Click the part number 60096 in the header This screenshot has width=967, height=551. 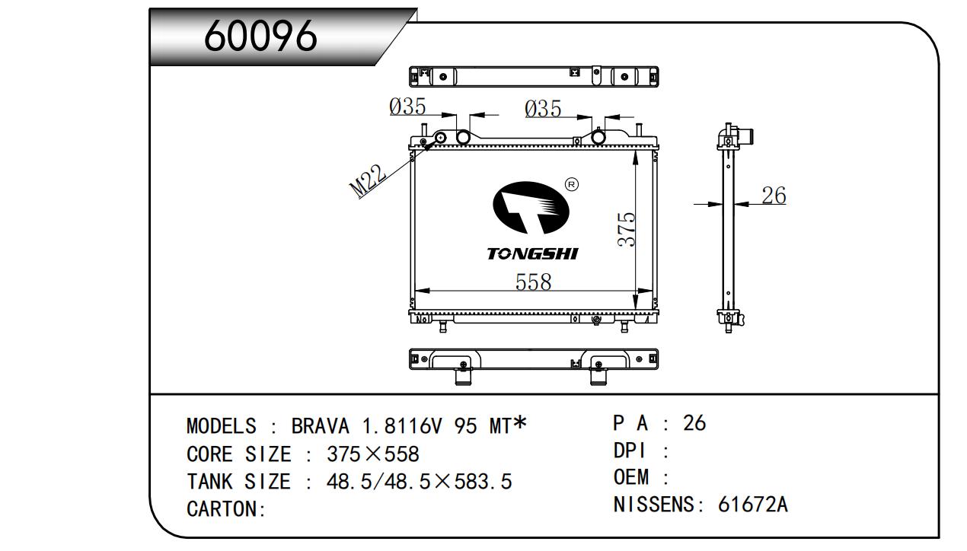click(260, 35)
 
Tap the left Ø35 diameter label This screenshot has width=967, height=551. click(407, 107)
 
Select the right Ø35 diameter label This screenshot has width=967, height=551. click(543, 110)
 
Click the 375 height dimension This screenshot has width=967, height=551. click(626, 228)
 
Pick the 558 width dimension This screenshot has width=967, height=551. click(533, 282)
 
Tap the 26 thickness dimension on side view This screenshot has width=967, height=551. click(774, 196)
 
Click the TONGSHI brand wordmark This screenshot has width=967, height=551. click(532, 253)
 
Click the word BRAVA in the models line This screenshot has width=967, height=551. click(321, 425)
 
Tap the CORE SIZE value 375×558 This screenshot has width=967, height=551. click(373, 454)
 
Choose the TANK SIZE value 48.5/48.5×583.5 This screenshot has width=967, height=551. click(420, 482)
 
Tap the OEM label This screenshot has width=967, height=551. click(631, 477)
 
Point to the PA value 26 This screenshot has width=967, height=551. click(694, 423)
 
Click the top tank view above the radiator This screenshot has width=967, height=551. click(533, 76)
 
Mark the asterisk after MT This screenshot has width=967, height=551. click(520, 422)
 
